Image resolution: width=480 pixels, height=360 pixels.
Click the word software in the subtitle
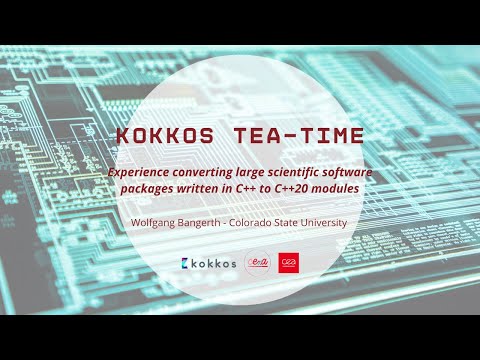[346, 172]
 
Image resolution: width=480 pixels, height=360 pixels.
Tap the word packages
[150, 188]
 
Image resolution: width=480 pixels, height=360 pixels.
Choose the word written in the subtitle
[208, 188]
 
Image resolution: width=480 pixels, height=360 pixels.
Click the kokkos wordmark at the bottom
[215, 263]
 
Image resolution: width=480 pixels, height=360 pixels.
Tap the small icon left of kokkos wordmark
[186, 263]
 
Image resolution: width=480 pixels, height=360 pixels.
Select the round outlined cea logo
[257, 263]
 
